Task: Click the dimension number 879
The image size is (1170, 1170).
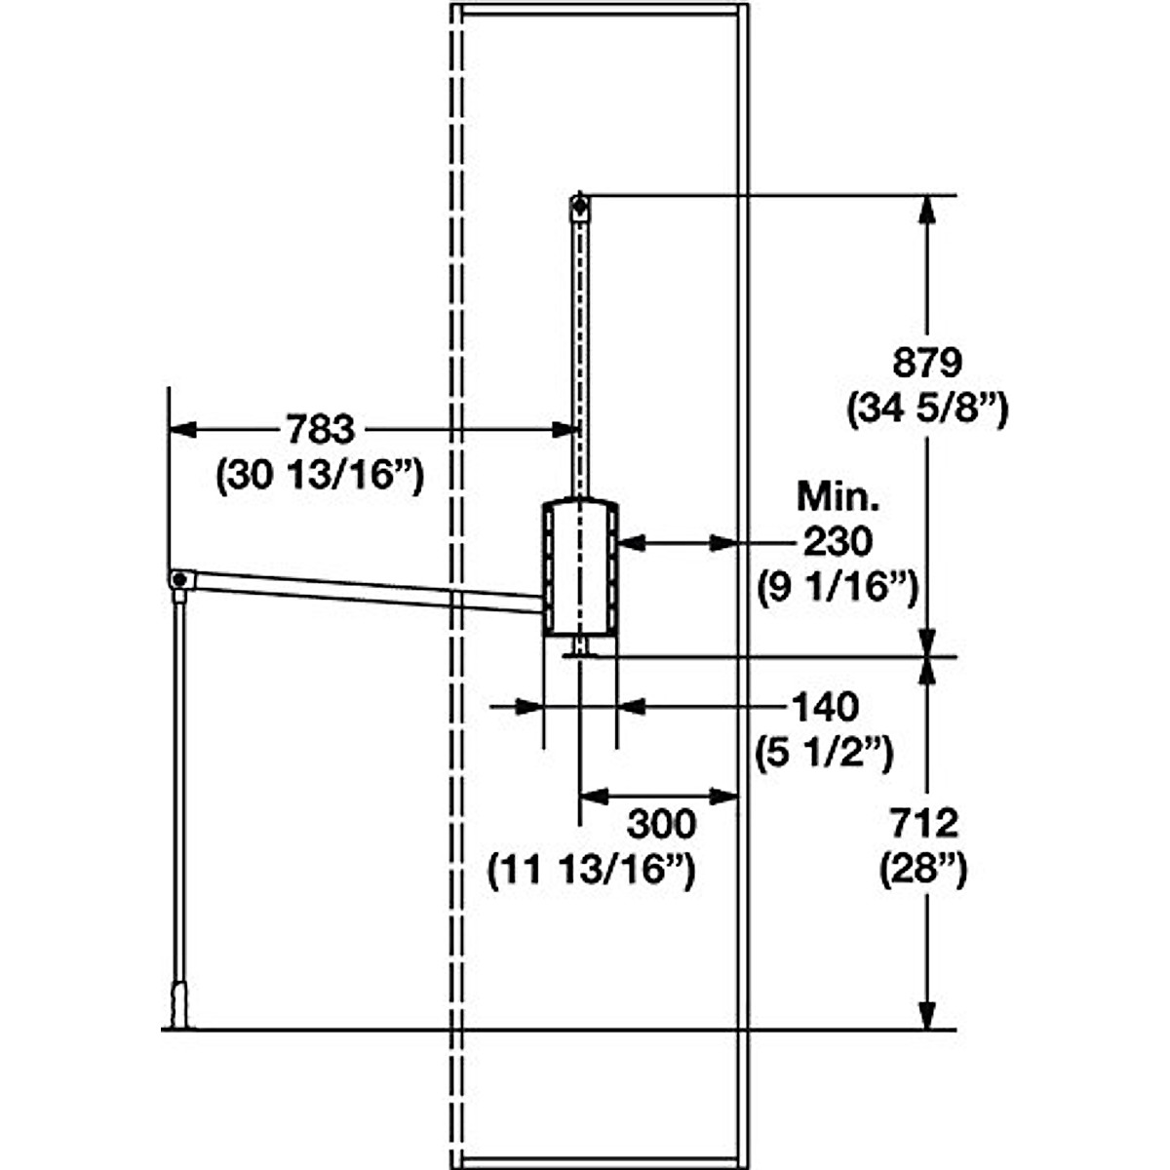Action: click(927, 363)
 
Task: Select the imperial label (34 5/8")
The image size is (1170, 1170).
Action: click(927, 410)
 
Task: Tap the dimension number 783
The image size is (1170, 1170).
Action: click(320, 429)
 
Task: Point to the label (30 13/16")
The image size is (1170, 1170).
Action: click(320, 476)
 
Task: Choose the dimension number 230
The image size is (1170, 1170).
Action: click(838, 541)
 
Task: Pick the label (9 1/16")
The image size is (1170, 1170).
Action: click(838, 588)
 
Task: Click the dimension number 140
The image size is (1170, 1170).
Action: click(825, 707)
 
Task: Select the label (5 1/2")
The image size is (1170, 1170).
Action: click(825, 754)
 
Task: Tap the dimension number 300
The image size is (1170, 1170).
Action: click(662, 825)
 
